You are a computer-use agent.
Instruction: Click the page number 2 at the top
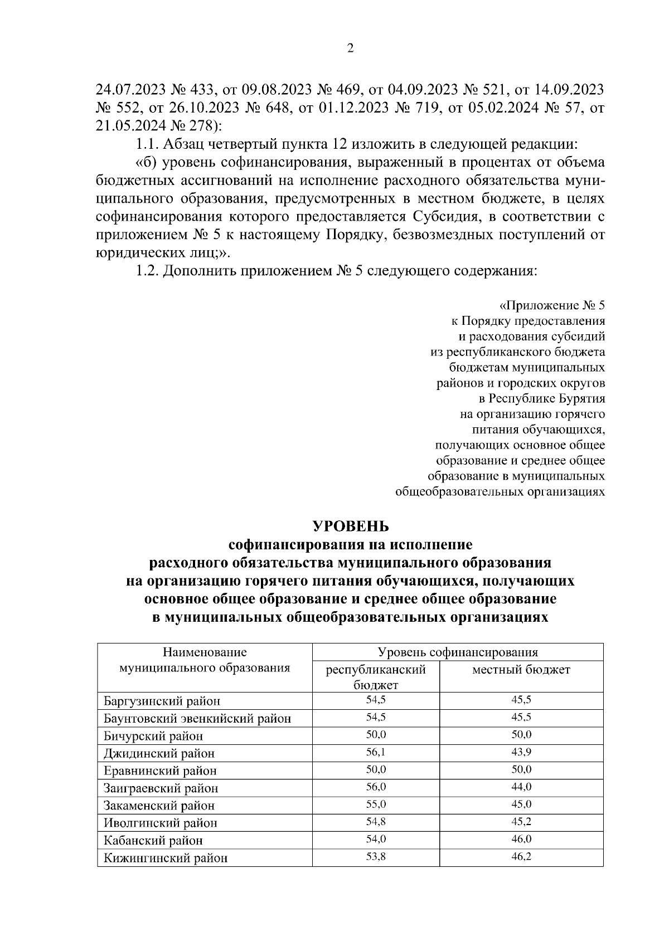pos(350,48)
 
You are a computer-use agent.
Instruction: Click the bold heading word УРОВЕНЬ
pos(350,526)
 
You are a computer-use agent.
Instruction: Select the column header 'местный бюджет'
pos(521,670)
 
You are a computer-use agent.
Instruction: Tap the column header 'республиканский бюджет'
pos(376,677)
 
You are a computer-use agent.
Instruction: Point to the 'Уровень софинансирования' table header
pos(458,652)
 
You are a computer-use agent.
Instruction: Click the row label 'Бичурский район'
pos(153,736)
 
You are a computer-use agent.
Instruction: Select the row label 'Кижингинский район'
pos(166,858)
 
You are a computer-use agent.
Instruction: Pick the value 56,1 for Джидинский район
pos(376,752)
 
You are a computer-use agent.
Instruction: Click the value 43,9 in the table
pos(521,752)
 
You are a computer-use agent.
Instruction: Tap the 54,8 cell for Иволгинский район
pos(376,822)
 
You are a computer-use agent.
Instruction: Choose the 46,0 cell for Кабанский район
pos(521,839)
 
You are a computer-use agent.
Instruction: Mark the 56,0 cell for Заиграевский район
pos(376,787)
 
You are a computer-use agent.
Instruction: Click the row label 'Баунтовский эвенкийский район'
pos(197,719)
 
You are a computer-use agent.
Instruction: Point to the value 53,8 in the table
pos(376,856)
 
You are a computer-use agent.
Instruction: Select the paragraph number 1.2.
pos(147,271)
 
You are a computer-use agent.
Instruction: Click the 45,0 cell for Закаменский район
pos(521,804)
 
